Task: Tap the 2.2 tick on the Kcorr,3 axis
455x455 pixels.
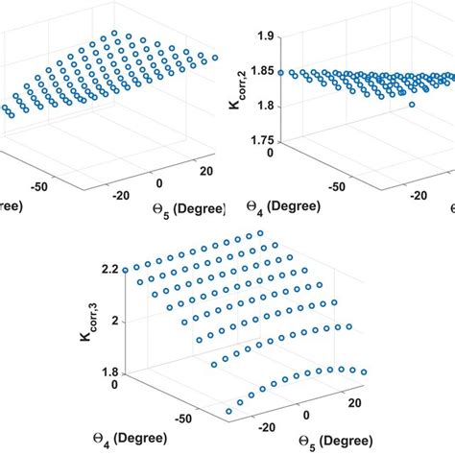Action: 121,272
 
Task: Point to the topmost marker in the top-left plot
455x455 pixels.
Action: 114,33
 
